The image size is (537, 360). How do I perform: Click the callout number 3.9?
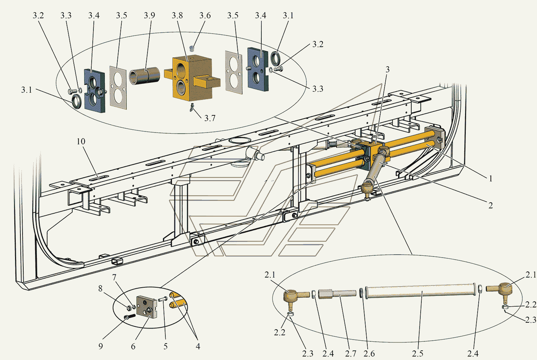[x=149, y=16]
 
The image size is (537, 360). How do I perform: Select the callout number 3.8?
[x=177, y=16]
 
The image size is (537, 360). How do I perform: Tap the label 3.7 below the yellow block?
[x=210, y=118]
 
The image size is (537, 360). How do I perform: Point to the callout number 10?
[x=81, y=141]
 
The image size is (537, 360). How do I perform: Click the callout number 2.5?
[x=418, y=354]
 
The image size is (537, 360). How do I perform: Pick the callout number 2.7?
[x=350, y=354]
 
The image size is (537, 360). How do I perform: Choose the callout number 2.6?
[x=369, y=354]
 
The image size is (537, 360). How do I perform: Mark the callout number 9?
[x=101, y=346]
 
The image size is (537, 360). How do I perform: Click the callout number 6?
[x=133, y=346]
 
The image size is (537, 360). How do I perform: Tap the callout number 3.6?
[x=205, y=16]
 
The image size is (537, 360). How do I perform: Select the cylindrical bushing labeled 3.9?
[x=145, y=76]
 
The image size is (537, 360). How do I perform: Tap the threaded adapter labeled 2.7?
[x=337, y=294]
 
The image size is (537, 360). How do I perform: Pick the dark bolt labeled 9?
[x=130, y=317]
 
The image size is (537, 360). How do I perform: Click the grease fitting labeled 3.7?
[x=192, y=107]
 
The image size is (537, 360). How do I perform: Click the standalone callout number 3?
[x=387, y=69]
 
